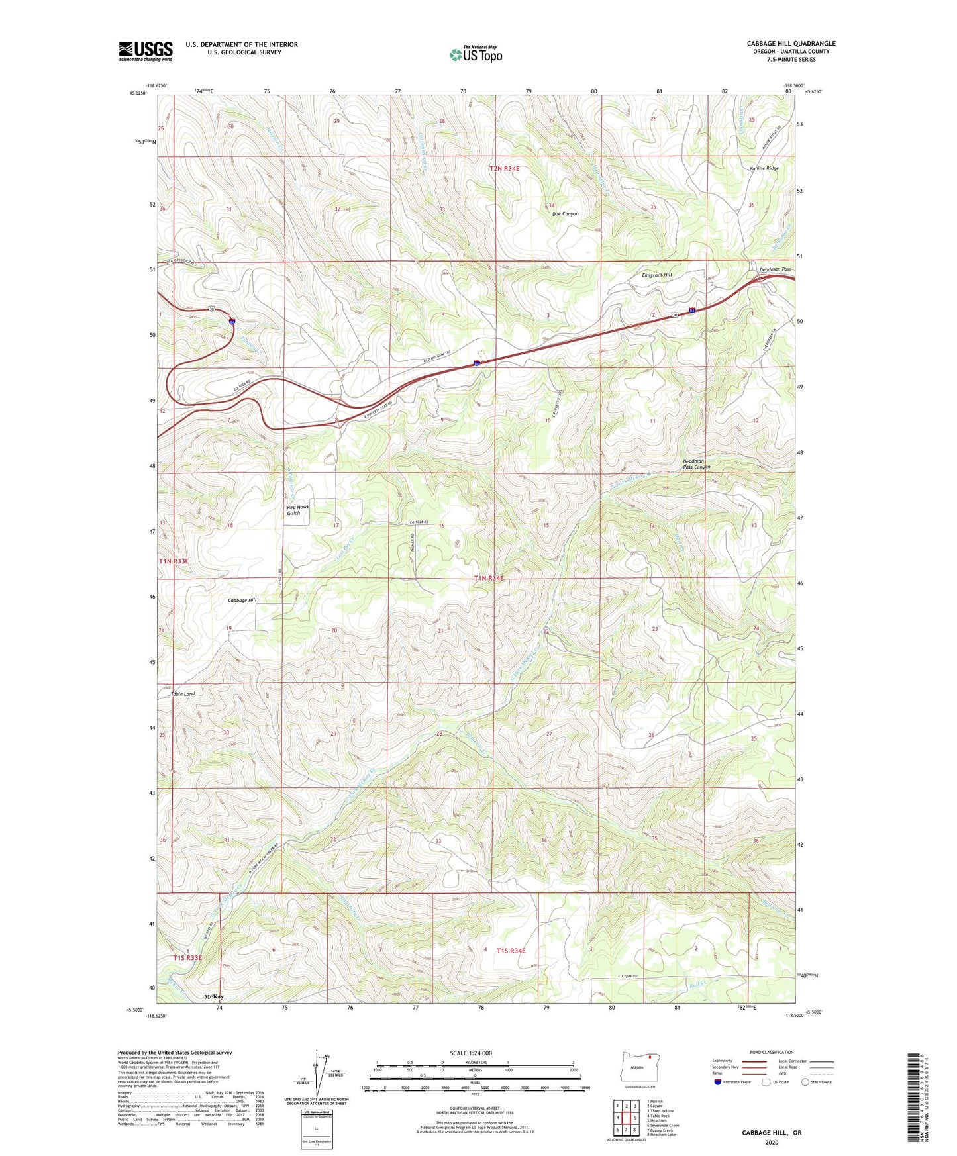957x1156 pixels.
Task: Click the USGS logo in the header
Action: tap(146, 51)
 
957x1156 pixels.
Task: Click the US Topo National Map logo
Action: tap(476, 54)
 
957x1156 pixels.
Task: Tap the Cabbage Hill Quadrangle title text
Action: tap(791, 44)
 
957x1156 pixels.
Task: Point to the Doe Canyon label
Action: tap(565, 214)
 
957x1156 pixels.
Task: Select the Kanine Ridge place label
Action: tap(764, 168)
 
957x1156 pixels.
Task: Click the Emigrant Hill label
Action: tap(656, 275)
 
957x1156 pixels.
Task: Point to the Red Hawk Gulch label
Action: tap(297, 510)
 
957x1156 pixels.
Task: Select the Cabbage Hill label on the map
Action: tap(242, 600)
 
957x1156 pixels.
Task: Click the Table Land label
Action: tap(183, 693)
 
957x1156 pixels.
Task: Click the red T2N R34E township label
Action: tap(505, 169)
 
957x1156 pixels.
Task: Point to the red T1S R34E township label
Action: tap(511, 951)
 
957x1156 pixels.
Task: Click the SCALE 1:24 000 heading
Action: tap(471, 1053)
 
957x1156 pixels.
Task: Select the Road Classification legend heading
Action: tap(772, 1052)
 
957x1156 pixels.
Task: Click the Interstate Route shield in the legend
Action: tap(718, 1082)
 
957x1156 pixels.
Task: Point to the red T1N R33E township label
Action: tap(174, 561)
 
